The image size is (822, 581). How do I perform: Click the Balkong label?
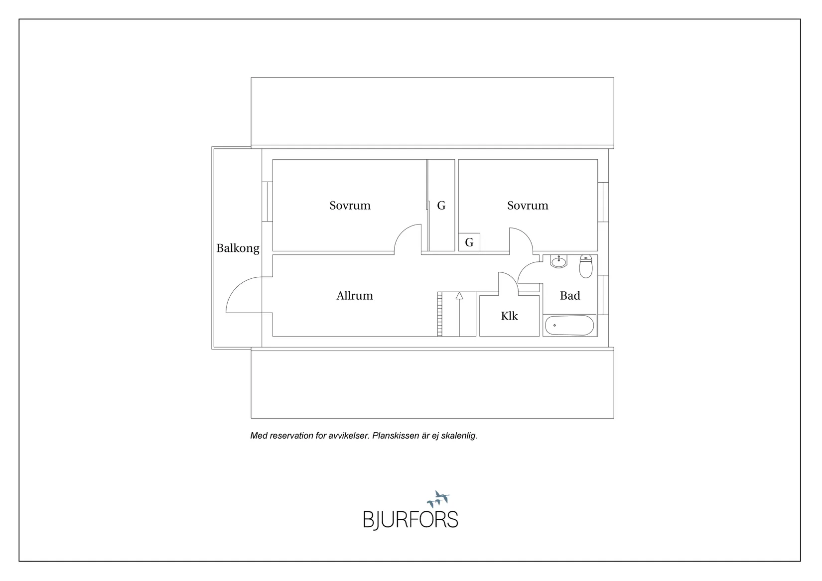point(238,248)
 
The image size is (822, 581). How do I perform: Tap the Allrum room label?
point(355,296)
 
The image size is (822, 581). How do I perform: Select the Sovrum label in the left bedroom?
point(350,206)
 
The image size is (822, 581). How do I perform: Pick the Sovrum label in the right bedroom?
point(528,206)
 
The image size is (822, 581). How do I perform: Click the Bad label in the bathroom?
point(570,296)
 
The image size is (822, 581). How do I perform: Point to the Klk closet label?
point(509,316)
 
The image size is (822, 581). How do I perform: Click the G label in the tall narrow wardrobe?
point(441,206)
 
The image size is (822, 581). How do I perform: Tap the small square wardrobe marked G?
point(469,242)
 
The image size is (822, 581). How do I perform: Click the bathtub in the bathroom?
point(569,325)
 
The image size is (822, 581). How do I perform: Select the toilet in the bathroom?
point(586,267)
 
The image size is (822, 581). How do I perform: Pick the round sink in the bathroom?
point(559,262)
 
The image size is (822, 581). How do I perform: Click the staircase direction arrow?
point(459,314)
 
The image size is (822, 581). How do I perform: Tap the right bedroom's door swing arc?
point(525,235)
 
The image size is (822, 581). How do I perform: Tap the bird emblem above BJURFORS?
point(438,499)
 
